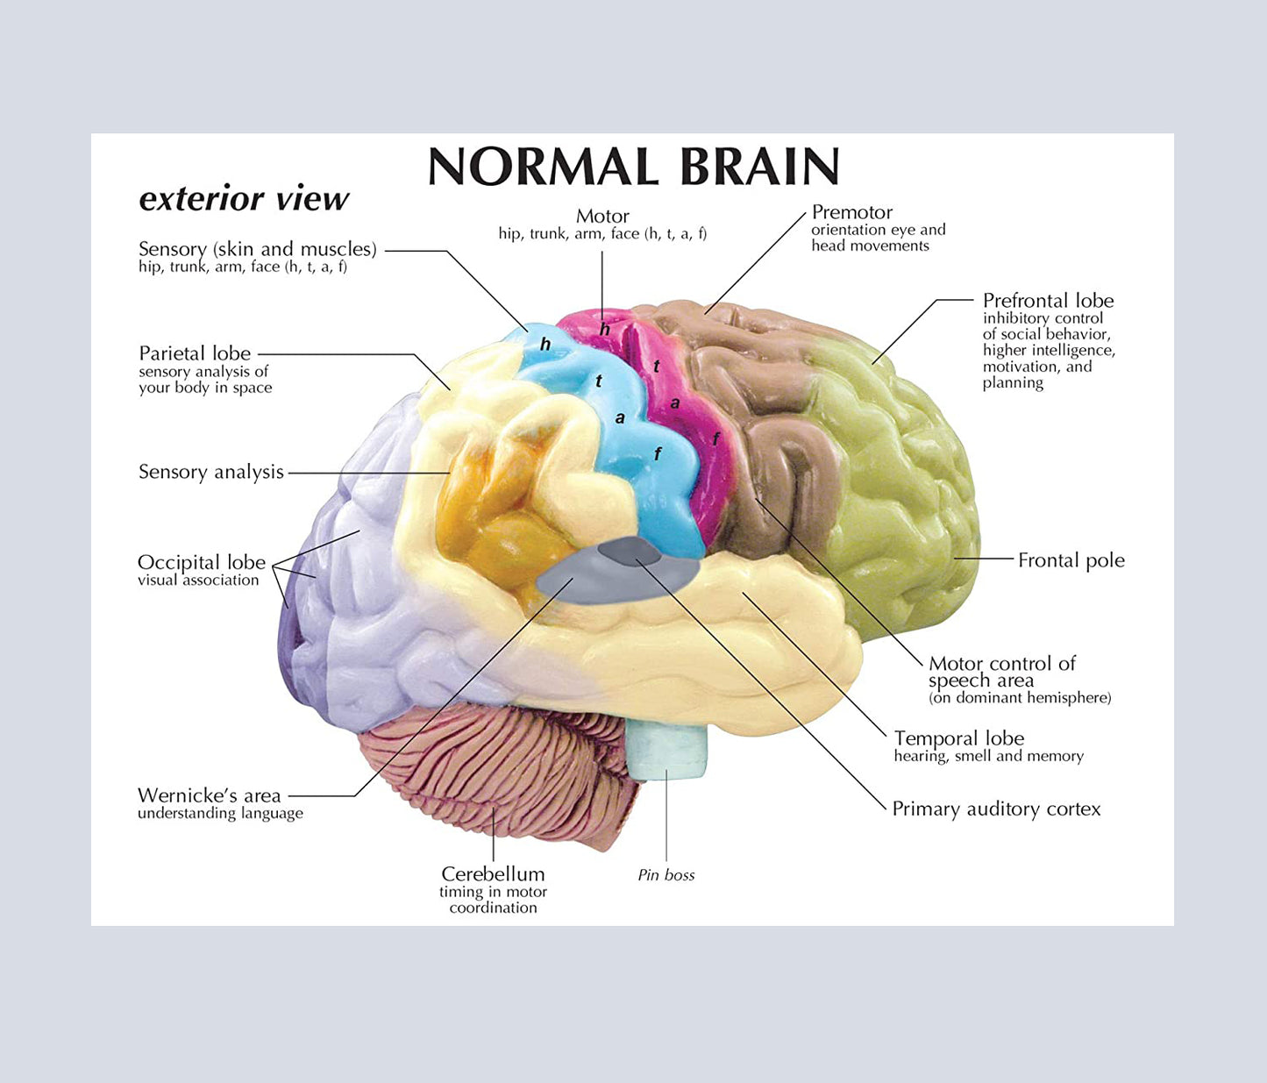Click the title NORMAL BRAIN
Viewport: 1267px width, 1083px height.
(633, 167)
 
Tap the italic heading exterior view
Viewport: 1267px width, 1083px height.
(244, 199)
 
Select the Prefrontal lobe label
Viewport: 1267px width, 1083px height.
(1048, 301)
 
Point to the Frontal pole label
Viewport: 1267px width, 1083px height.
(1071, 560)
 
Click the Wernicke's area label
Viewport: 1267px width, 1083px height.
(209, 795)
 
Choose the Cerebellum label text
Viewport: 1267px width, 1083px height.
(493, 874)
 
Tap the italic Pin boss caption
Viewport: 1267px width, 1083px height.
(666, 875)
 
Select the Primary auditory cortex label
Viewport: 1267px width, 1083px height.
(996, 809)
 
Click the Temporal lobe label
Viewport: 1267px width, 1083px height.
(958, 738)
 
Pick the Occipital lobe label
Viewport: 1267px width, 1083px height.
(201, 562)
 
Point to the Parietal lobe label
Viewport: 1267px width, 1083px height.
(195, 353)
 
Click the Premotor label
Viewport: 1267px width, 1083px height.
(851, 212)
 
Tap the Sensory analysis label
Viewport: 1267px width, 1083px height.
(210, 472)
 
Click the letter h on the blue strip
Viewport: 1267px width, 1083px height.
(545, 345)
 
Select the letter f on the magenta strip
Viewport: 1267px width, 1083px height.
(716, 438)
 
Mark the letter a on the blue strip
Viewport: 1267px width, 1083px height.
(620, 418)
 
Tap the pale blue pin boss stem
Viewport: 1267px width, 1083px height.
(666, 750)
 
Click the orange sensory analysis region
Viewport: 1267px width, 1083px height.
(491, 517)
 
